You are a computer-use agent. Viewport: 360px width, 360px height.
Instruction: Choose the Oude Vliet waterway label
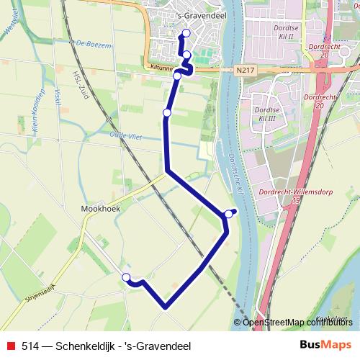tap(122, 136)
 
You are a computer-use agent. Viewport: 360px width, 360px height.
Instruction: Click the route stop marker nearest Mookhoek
tap(127, 277)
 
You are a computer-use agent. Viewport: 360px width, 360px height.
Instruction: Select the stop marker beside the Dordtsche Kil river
tap(229, 213)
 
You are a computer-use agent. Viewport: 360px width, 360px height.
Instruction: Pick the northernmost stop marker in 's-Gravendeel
tap(186, 33)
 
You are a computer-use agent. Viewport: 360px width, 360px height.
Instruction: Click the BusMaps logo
tap(325, 345)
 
